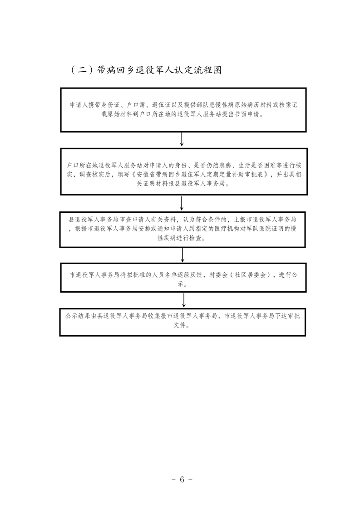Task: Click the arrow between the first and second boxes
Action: tap(182, 139)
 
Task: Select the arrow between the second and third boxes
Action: tap(182, 202)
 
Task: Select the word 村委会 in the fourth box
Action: tap(217, 275)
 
